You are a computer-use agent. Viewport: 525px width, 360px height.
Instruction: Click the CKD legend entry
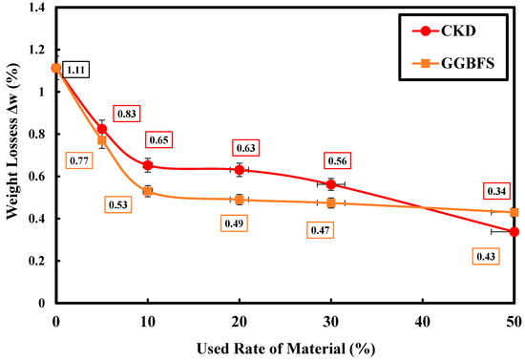point(444,32)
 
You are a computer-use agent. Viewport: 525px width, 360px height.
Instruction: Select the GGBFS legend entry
point(453,63)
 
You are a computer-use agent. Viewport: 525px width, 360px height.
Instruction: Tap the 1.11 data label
point(75,70)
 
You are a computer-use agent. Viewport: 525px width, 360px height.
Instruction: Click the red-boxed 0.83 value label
point(127,114)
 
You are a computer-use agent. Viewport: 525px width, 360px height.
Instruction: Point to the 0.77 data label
point(79,161)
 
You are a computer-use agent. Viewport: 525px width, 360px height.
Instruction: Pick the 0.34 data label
point(496,191)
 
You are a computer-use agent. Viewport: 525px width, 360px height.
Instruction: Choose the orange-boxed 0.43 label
point(486,257)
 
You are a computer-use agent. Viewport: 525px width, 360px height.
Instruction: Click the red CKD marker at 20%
point(239,170)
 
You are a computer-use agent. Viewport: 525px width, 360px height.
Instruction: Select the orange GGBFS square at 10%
point(148,191)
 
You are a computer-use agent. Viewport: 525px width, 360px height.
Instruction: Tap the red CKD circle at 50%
point(514,232)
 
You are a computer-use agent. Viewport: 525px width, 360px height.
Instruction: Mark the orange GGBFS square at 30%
point(331,203)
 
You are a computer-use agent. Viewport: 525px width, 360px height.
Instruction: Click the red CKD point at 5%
point(102,129)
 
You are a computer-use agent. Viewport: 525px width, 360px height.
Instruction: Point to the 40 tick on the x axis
point(423,322)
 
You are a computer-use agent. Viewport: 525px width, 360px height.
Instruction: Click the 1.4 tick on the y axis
point(37,8)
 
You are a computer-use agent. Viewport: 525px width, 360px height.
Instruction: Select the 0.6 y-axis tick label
point(37,177)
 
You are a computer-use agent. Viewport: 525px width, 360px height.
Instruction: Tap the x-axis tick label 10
point(148,322)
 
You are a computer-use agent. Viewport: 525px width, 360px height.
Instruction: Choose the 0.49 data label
point(234,223)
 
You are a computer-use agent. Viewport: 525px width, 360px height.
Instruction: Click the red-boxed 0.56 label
point(337,161)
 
